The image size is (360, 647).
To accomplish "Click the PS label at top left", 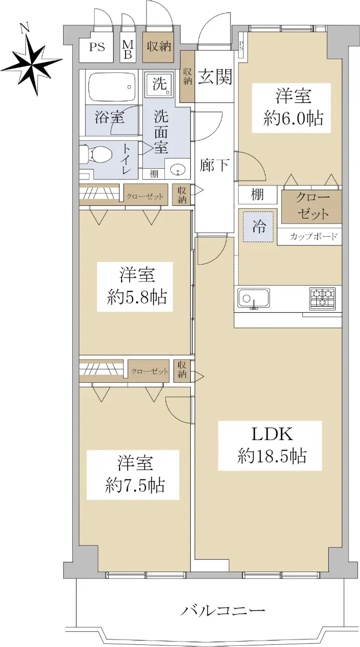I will (97, 47).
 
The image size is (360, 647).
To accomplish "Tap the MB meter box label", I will (128, 49).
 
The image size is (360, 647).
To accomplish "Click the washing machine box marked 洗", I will (159, 84).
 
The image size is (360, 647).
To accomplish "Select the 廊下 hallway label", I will (214, 165).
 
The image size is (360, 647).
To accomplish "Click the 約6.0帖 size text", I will (290, 118).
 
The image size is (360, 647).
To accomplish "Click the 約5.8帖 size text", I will (136, 297).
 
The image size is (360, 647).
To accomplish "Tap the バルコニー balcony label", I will (223, 611).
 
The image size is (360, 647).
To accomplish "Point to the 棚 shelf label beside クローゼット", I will (258, 195).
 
